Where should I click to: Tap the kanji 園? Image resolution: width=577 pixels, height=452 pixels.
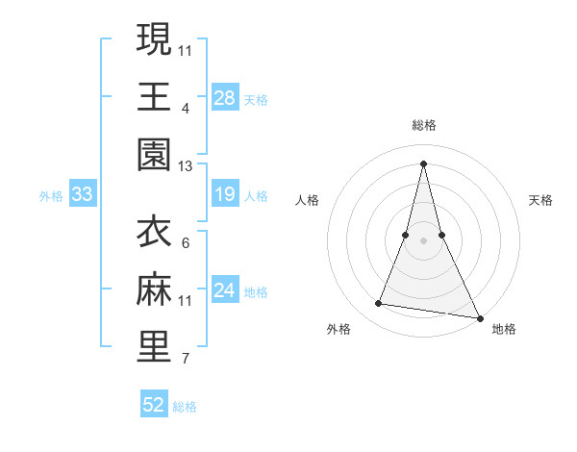tap(154, 154)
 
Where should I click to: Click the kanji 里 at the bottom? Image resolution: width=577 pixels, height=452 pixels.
tap(154, 347)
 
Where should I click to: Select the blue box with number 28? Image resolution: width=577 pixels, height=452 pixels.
tap(225, 97)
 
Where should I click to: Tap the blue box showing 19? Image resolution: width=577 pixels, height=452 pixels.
tap(225, 195)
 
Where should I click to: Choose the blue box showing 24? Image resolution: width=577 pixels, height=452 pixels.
tap(225, 291)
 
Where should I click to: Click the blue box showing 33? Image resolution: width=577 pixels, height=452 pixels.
tap(82, 195)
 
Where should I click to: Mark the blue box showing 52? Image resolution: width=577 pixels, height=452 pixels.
tap(154, 405)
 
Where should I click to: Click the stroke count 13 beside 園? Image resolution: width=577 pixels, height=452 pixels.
tap(186, 166)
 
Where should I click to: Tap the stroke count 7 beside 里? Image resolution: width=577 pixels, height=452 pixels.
tap(186, 360)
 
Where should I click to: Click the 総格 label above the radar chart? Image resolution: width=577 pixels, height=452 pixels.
tap(424, 125)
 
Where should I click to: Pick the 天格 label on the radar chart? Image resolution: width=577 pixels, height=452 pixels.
tap(540, 200)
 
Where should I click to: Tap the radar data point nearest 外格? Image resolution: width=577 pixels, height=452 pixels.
tap(379, 304)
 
